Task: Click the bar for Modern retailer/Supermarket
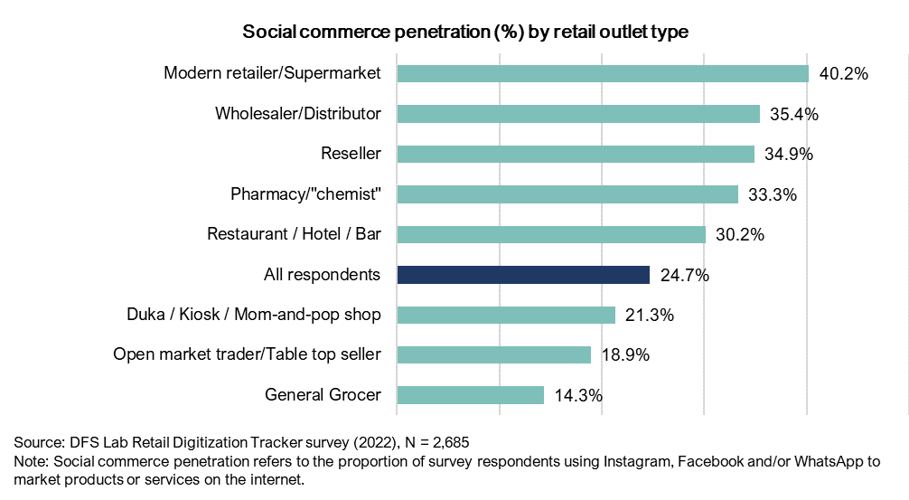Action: coord(603,74)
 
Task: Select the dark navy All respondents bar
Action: coord(523,275)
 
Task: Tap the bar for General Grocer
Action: coord(470,395)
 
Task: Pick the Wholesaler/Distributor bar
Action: coord(578,114)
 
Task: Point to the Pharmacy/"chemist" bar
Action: coord(567,194)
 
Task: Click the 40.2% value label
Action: coord(843,74)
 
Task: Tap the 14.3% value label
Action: coord(578,395)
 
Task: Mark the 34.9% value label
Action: coord(789,154)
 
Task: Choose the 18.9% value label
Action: coord(625,355)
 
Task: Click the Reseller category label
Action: coord(351,154)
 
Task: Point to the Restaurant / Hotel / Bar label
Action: coord(294,234)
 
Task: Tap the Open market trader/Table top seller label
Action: coord(247,355)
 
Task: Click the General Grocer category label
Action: coord(323,395)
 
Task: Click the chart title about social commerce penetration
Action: coord(465,33)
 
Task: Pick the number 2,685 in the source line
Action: coord(446,443)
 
